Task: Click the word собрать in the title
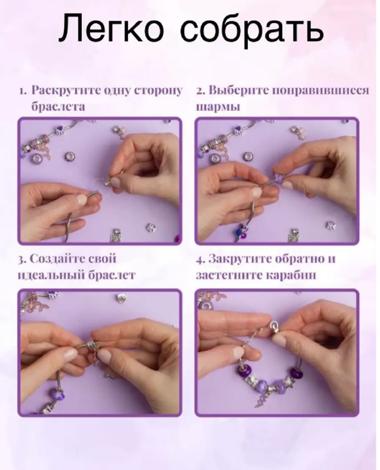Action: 252,30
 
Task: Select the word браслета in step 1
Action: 58,107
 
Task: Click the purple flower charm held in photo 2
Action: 277,178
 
